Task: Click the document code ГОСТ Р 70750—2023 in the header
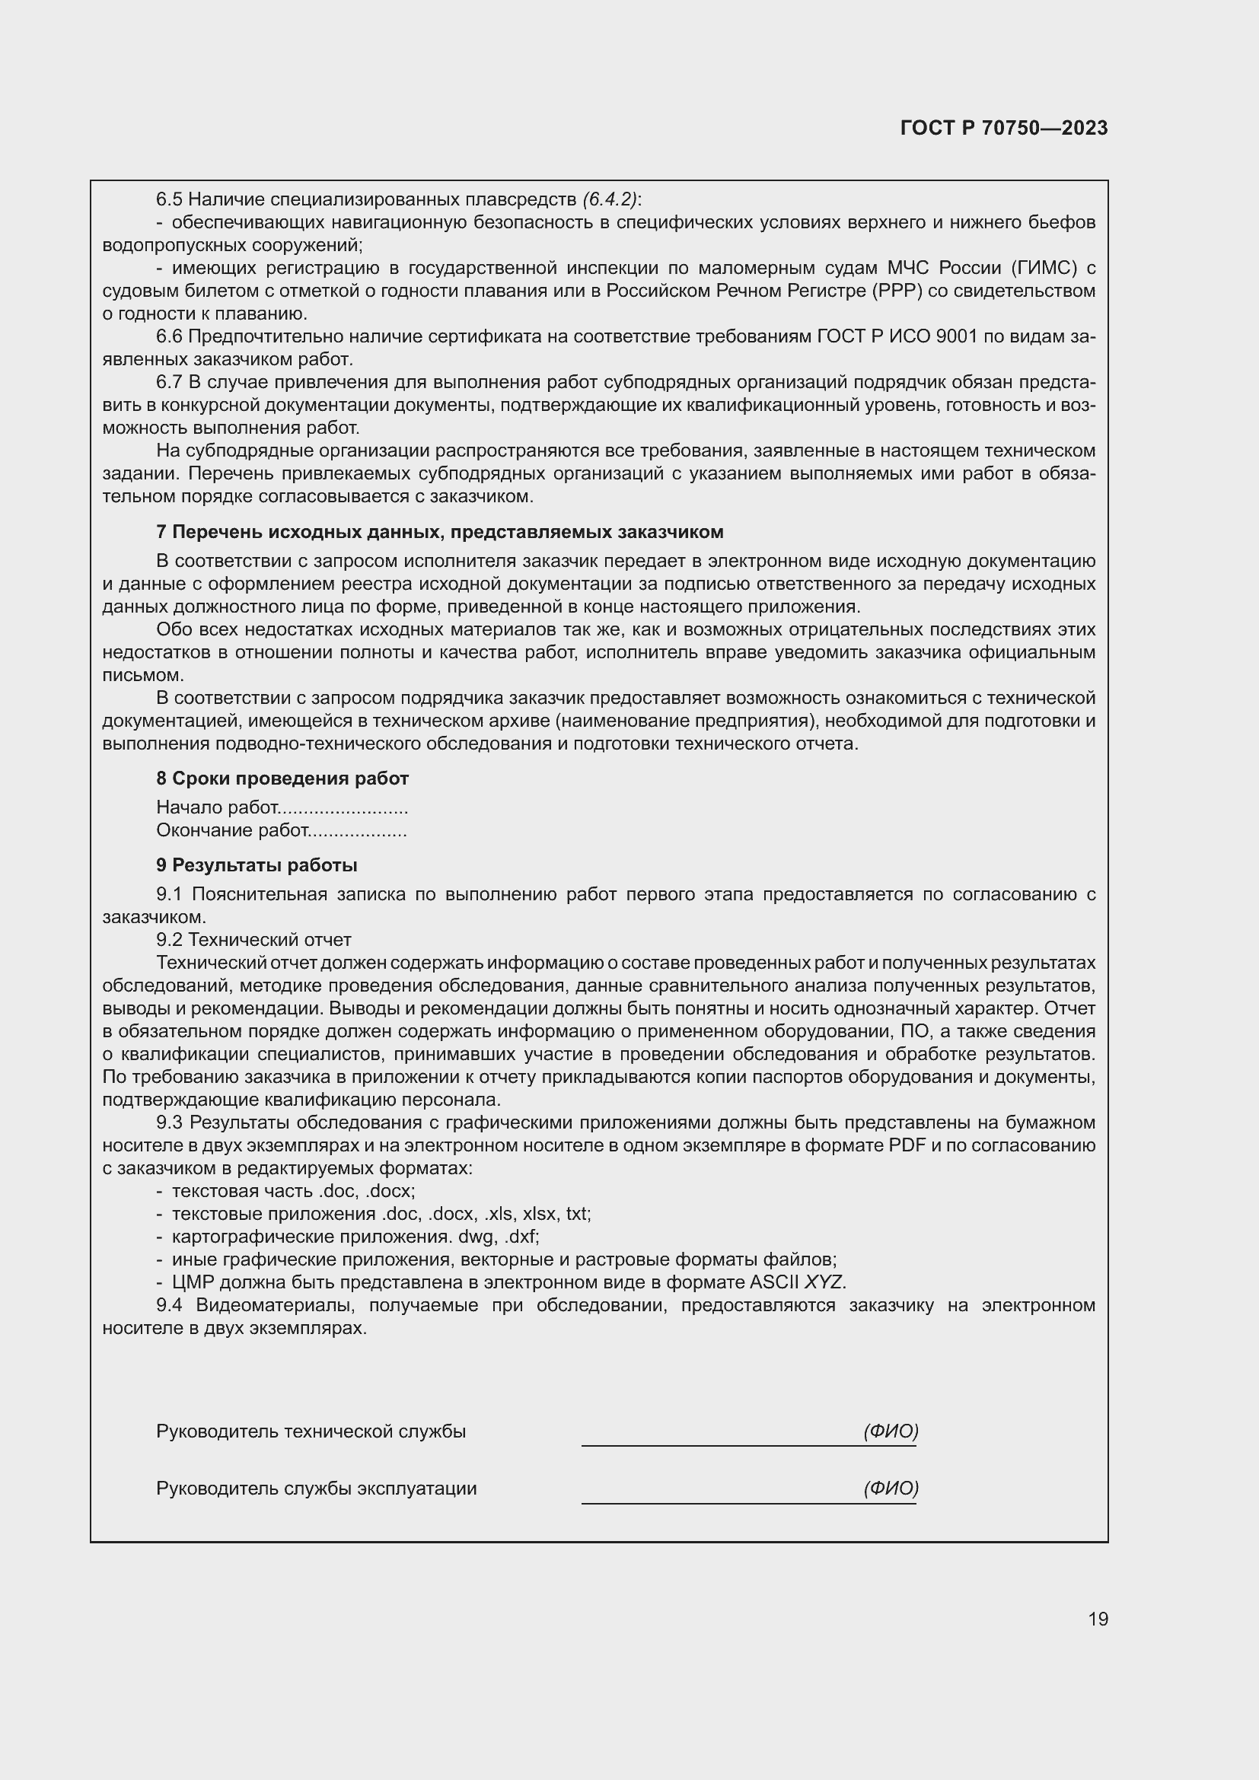click(1004, 129)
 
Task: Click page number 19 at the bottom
click(1098, 1619)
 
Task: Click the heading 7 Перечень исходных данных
click(439, 532)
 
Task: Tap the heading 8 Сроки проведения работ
click(282, 779)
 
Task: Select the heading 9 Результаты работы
click(257, 865)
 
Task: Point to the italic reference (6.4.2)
click(610, 199)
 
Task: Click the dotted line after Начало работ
click(343, 809)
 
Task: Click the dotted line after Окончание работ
click(358, 831)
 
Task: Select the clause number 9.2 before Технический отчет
click(169, 940)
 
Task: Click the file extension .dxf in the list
click(521, 1237)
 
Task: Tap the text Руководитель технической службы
click(311, 1431)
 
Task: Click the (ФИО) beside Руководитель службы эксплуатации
click(891, 1488)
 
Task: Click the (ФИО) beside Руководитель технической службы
click(891, 1431)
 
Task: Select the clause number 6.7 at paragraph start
click(169, 382)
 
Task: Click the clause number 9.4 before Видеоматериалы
click(169, 1305)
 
